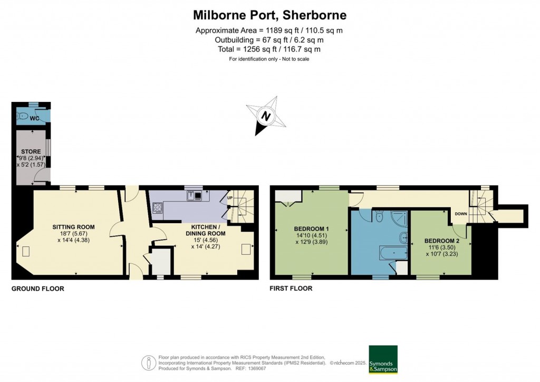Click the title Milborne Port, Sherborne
coord(269,14)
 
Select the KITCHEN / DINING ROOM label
coord(205,230)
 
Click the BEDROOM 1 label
coord(311,228)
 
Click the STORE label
coord(31,151)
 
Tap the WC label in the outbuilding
coord(34,118)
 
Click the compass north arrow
coord(266,117)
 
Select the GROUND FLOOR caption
coord(38,289)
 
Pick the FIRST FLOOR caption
coord(291,289)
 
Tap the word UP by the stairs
coord(230,198)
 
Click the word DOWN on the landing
coord(461,214)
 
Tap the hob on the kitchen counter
coord(157,207)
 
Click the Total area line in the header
coord(269,49)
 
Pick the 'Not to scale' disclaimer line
coord(269,59)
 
